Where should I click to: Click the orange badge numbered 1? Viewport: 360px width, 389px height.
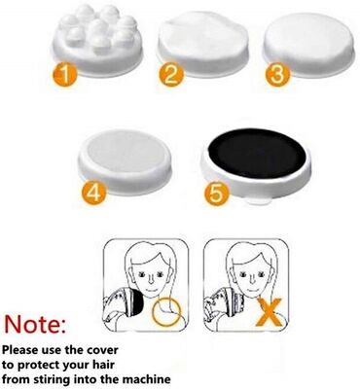coord(65,74)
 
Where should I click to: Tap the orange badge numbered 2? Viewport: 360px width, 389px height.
coord(171,74)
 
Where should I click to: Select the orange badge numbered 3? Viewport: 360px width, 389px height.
coord(277,74)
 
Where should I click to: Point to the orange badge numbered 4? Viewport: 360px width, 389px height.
coord(94,193)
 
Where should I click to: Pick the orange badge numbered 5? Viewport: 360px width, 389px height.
coord(217,194)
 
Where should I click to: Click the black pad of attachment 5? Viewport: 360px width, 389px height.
coord(257,153)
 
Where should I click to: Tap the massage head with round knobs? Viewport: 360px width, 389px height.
coord(96,40)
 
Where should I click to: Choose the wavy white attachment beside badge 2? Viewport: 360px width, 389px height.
coord(203,44)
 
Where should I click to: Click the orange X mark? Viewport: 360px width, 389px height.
coord(270,312)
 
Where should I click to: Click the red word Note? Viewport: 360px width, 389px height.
coord(35,324)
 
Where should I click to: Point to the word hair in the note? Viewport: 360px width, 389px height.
coord(103,365)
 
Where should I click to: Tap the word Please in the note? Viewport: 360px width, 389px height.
coord(20,350)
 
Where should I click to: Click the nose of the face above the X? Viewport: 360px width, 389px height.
coord(249,278)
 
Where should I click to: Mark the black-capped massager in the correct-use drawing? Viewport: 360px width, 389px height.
coord(124,304)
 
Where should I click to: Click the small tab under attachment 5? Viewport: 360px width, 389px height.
coord(260,201)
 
